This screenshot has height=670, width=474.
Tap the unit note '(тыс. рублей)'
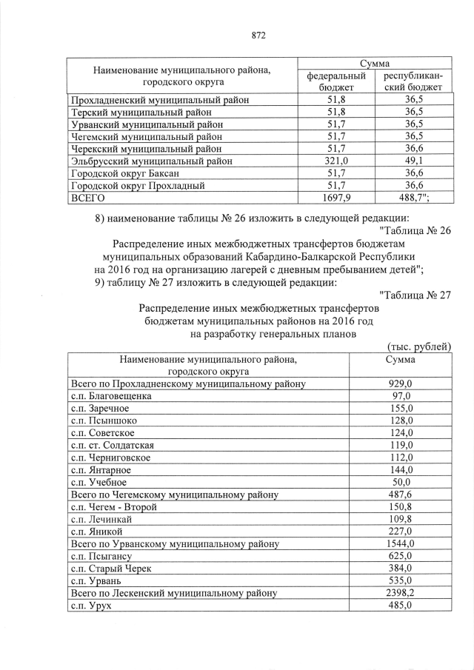tap(418, 347)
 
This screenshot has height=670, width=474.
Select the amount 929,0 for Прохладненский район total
tap(400, 383)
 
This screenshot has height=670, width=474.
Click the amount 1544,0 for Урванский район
tap(400, 544)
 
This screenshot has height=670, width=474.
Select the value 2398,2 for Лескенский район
tap(400, 593)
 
